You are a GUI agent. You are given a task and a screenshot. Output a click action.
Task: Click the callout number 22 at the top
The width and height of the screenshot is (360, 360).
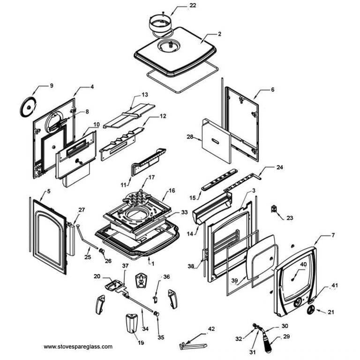(x=180, y=6)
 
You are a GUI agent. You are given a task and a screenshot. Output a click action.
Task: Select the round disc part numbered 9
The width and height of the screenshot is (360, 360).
(x=28, y=107)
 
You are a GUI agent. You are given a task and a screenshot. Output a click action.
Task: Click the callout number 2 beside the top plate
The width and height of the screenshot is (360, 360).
(x=219, y=35)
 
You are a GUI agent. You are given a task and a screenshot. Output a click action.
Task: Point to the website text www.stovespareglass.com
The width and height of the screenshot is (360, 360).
(x=78, y=347)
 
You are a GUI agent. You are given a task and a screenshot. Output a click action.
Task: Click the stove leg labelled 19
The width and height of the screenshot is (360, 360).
(x=131, y=323)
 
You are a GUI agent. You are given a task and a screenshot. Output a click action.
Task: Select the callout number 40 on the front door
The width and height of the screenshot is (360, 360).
(x=303, y=264)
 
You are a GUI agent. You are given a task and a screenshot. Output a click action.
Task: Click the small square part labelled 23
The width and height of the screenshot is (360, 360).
(x=274, y=208)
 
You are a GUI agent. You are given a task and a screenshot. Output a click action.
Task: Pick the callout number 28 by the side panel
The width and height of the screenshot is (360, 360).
(x=190, y=137)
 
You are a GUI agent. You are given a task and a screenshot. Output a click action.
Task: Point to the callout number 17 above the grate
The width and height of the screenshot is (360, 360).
(x=151, y=178)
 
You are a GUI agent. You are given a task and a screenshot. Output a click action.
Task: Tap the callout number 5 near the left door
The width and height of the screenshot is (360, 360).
(x=48, y=192)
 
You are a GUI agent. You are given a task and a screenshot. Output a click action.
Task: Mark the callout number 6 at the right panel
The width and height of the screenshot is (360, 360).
(x=272, y=90)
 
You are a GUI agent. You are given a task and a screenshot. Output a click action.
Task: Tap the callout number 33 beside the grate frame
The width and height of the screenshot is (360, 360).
(x=184, y=212)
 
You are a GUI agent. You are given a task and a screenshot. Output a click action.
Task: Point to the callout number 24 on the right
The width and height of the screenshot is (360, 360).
(x=280, y=167)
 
